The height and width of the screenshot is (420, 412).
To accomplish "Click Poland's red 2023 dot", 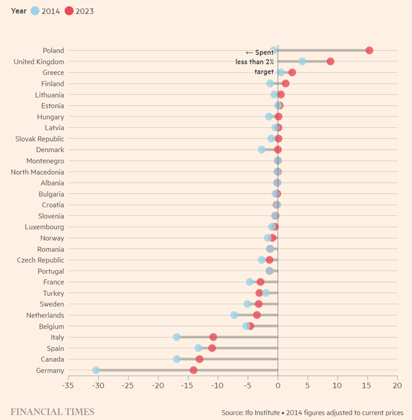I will tap(369, 50).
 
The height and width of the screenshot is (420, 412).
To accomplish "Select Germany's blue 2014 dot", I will tap(96, 370).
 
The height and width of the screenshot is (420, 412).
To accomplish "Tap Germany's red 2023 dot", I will tap(193, 370).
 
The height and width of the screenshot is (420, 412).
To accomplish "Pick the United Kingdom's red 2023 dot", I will tap(330, 61).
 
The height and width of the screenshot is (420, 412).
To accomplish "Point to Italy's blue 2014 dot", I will tap(177, 337).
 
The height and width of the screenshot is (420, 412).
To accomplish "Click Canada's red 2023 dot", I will tap(199, 359).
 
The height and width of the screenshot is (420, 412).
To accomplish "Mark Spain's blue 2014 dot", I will tap(198, 348).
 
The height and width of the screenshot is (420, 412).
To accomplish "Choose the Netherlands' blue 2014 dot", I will tap(234, 315).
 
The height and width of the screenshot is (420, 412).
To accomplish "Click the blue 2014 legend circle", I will tap(35, 11).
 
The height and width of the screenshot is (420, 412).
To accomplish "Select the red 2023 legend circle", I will tap(69, 11).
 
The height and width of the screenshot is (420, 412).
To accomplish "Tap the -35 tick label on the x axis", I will tap(68, 385).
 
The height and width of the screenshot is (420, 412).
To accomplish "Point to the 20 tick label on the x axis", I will tap(397, 385).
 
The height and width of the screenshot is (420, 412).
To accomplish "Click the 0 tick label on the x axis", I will tap(277, 385).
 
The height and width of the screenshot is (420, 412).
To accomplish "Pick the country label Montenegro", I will tap(45, 161).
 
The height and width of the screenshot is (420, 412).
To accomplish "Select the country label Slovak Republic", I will tap(39, 139).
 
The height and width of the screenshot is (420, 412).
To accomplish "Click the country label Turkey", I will tap(52, 293).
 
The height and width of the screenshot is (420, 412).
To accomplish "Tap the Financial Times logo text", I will tap(52, 412).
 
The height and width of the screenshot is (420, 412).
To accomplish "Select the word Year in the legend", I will tap(18, 11).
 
